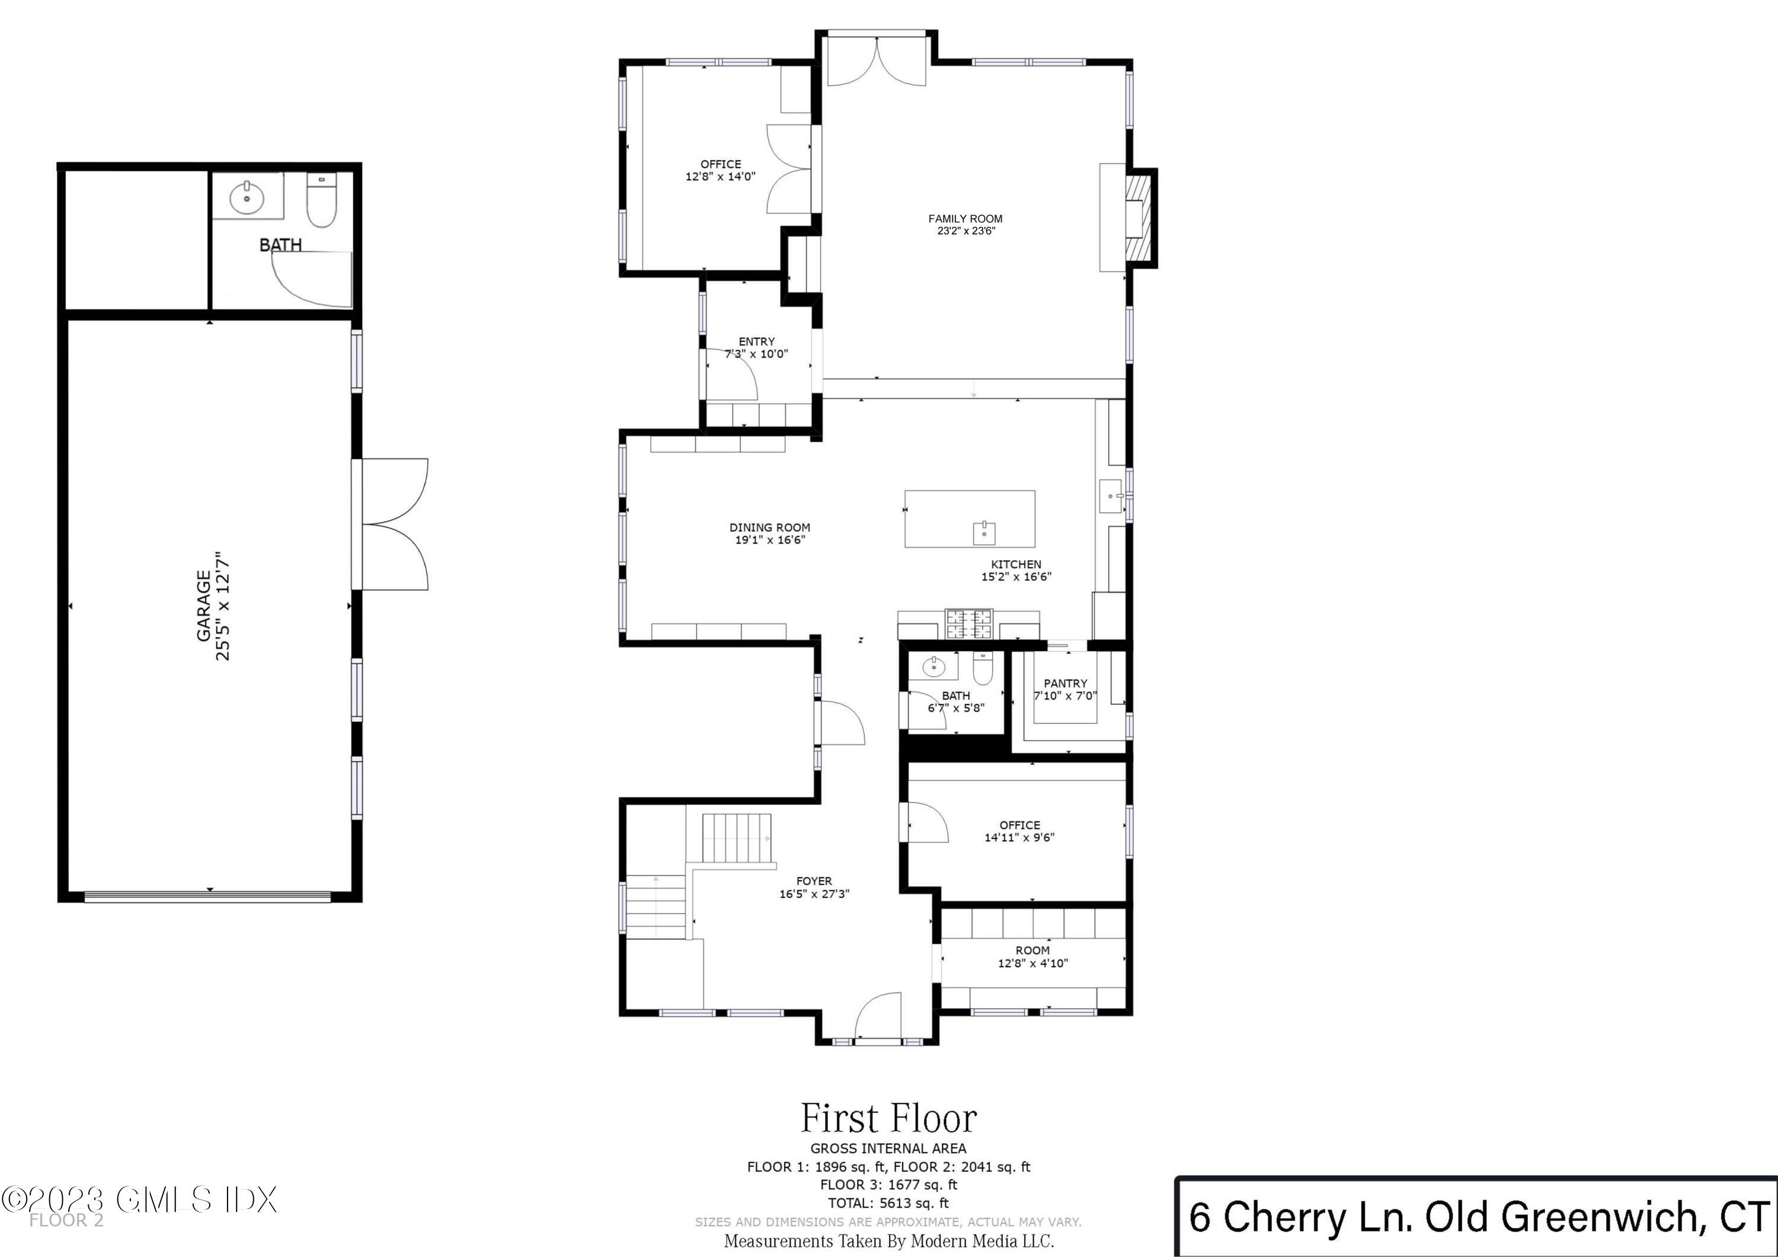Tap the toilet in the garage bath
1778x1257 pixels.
pos(321,200)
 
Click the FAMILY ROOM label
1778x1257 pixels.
pos(965,219)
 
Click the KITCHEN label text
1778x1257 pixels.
pos(1016,565)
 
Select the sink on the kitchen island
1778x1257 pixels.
pos(983,533)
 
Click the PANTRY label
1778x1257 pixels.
pos(1065,683)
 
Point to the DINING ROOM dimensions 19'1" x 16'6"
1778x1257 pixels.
pos(770,540)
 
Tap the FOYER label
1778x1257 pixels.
pos(814,881)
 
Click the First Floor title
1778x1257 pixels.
pos(888,1118)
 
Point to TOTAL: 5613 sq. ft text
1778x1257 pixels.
pos(888,1203)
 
